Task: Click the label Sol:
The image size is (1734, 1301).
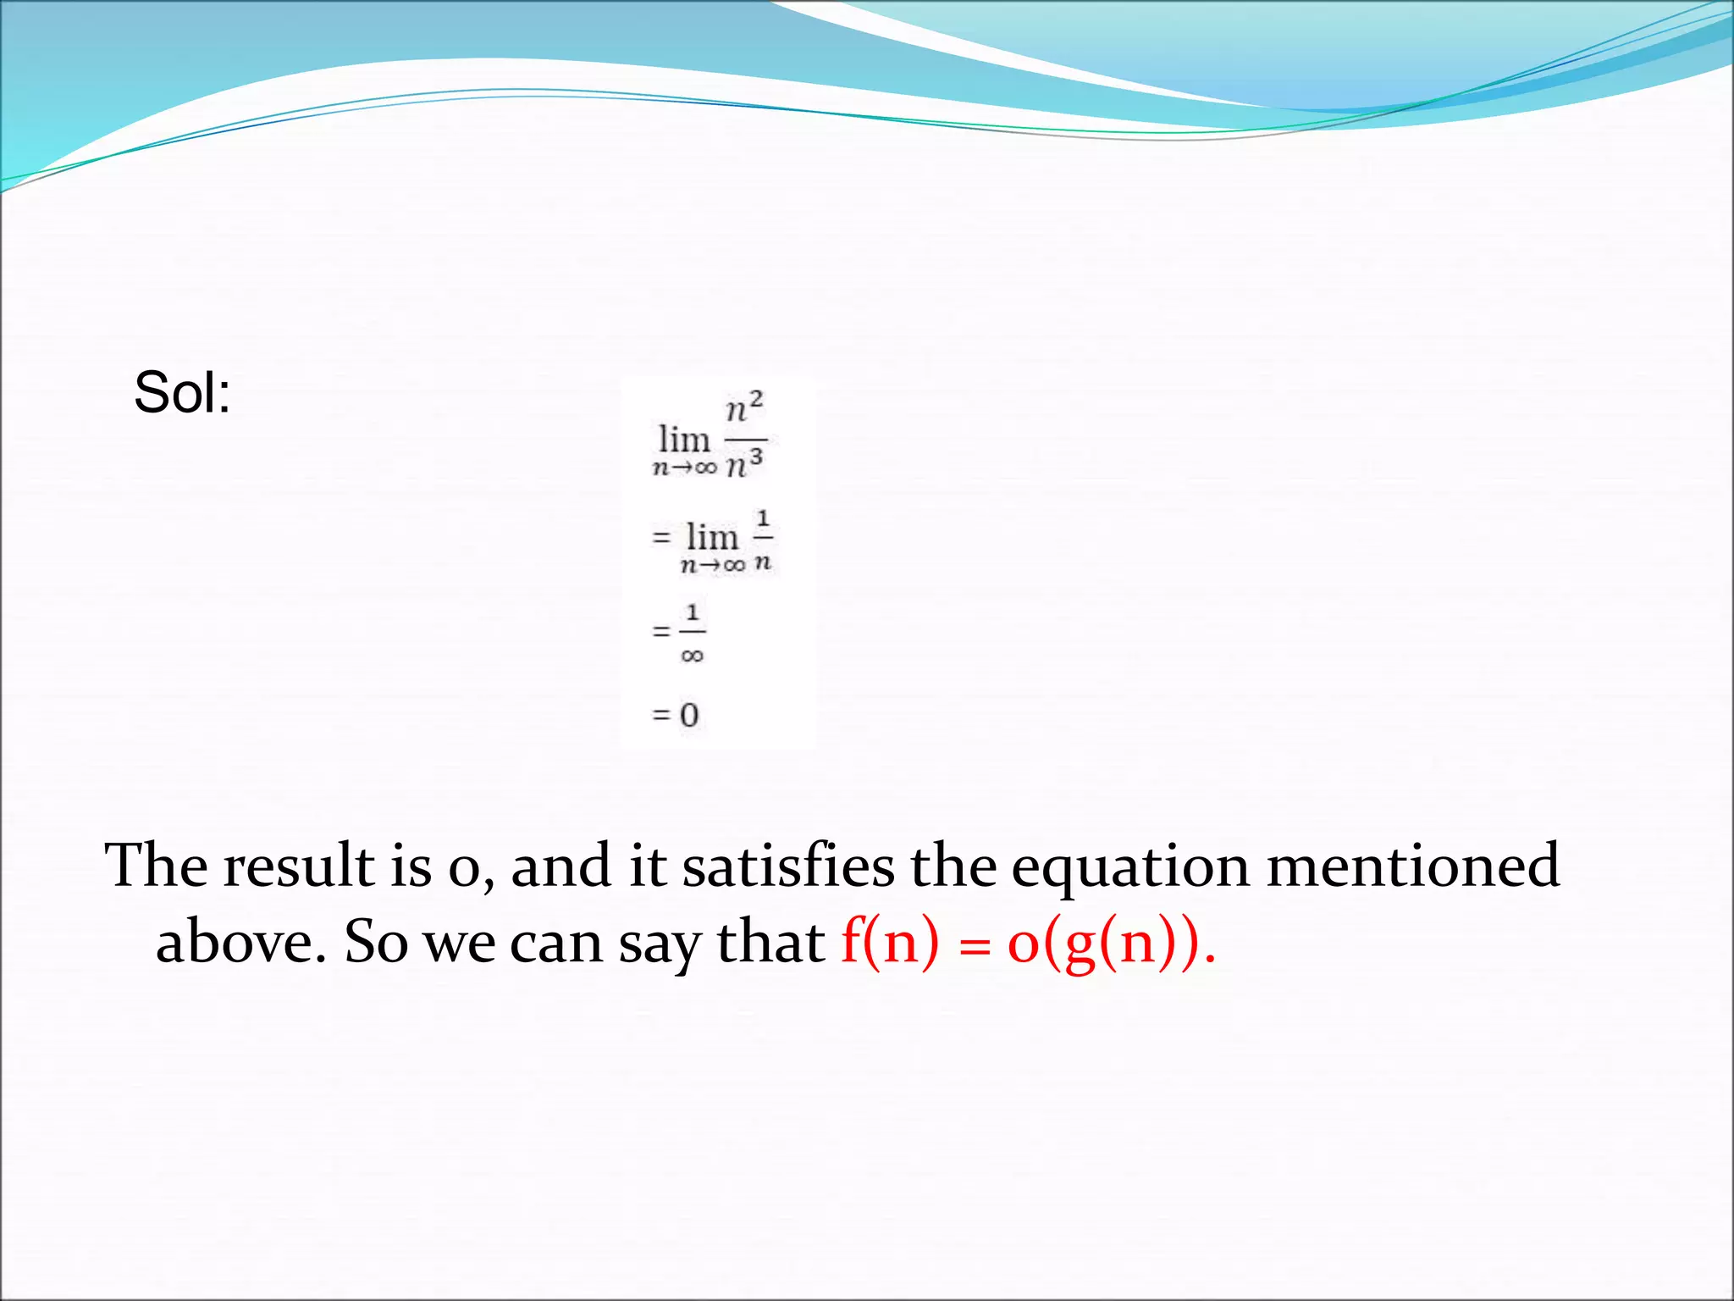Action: (182, 393)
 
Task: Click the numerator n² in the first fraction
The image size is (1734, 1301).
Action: (744, 407)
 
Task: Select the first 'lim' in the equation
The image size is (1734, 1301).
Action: (684, 440)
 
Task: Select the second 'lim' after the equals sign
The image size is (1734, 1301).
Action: (712, 537)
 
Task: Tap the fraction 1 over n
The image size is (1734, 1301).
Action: (763, 540)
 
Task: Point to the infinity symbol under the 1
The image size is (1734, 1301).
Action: (692, 656)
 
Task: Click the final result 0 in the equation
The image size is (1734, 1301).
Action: (689, 716)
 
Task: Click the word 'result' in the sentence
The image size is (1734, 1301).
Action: (298, 866)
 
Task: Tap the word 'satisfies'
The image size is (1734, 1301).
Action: (787, 866)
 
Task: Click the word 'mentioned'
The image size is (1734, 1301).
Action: (1412, 866)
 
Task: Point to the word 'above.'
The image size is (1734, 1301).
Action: (240, 942)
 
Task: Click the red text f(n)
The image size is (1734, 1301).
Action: (890, 942)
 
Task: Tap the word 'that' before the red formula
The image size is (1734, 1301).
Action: (770, 942)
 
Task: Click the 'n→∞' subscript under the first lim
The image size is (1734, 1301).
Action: (684, 468)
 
